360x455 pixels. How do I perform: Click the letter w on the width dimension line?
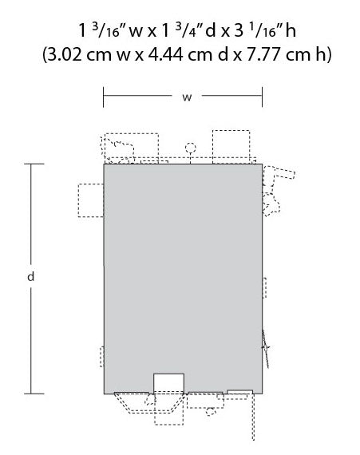click(187, 97)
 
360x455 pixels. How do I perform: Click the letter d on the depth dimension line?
click(31, 276)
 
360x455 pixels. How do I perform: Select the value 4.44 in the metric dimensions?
click(165, 54)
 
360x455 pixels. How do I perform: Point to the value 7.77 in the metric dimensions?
click(263, 54)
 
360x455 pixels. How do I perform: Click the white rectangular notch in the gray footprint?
click(168, 383)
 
